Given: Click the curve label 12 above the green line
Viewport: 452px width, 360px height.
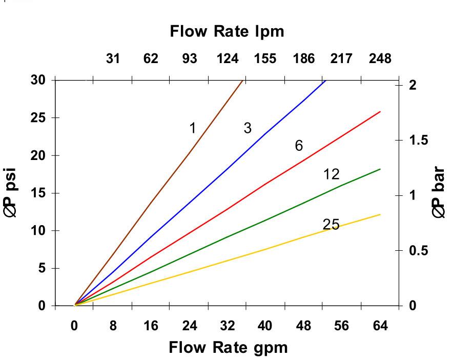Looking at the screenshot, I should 332,174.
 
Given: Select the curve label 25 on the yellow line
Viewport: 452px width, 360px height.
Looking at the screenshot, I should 331,224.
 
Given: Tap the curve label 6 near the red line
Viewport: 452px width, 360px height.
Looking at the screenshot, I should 299,146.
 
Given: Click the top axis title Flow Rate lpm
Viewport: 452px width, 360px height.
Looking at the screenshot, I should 227,32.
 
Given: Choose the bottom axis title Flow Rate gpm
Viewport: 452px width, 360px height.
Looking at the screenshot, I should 228,348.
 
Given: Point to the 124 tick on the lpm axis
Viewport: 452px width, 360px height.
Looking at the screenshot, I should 227,58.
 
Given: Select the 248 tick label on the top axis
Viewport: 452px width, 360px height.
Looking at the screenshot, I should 380,58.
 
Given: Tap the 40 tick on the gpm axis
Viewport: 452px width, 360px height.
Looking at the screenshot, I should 265,326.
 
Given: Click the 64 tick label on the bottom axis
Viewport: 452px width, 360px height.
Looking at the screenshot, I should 380,326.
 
